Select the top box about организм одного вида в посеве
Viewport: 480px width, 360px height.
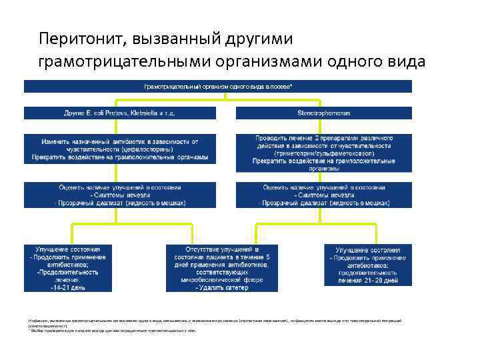click(219, 87)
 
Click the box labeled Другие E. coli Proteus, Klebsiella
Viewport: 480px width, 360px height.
click(119, 113)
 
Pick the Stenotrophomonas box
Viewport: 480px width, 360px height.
click(323, 113)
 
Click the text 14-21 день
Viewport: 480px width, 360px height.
click(68, 288)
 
